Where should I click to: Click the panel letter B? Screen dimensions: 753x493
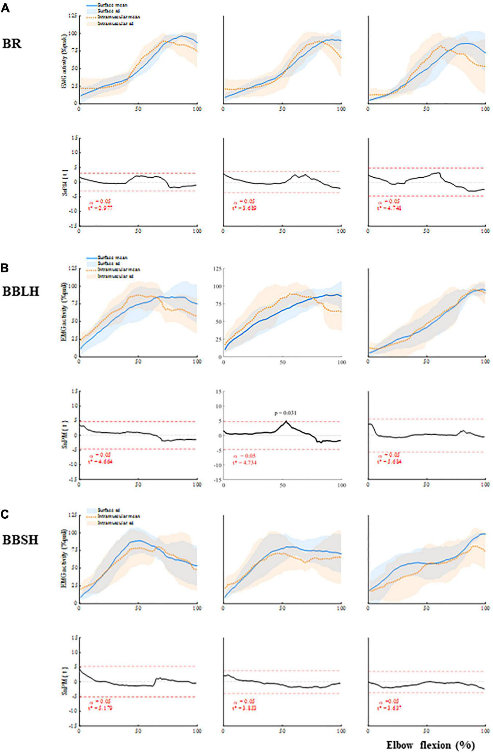pos(5,268)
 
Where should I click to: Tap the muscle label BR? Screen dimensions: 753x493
pos(12,43)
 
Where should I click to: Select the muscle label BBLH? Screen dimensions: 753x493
pos(21,291)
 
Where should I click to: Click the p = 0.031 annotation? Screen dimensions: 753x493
pos(285,413)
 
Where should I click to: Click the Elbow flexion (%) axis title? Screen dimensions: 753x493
pos(431,745)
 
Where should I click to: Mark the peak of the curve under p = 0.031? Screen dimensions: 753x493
pos(286,421)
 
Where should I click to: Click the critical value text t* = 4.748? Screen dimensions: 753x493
pos(390,208)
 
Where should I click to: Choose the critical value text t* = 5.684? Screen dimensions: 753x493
pos(390,462)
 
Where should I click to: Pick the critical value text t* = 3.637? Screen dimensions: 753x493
pos(390,708)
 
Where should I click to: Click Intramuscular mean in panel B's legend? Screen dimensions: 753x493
pos(119,270)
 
